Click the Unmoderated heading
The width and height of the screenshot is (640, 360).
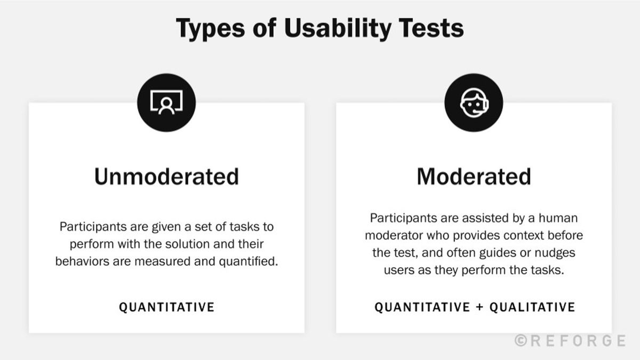pyautogui.click(x=166, y=177)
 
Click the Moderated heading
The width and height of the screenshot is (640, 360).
pyautogui.click(x=474, y=177)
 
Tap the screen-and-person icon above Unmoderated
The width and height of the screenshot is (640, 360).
pyautogui.click(x=166, y=102)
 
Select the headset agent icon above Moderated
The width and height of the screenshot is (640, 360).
pyautogui.click(x=474, y=102)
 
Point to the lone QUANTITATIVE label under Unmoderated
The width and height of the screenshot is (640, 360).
pyautogui.click(x=166, y=307)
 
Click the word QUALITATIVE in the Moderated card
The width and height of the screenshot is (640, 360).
pyautogui.click(x=532, y=307)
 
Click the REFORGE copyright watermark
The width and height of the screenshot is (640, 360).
pyautogui.click(x=570, y=340)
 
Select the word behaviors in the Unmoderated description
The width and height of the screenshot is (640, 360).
pyautogui.click(x=81, y=262)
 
